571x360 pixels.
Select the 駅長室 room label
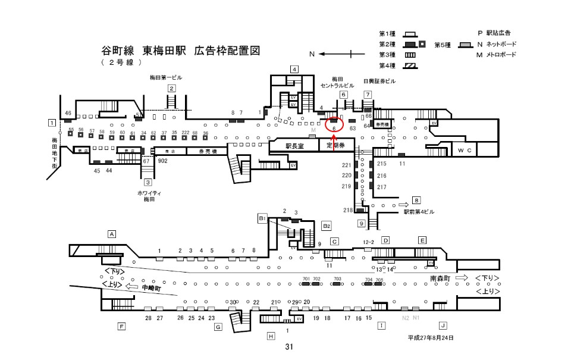coord(294,146)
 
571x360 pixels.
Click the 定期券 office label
coord(335,146)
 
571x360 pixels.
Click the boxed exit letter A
coord(111,234)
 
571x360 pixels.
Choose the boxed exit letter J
coord(443,325)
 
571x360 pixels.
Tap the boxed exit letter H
coord(271,336)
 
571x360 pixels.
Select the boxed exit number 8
coord(417,201)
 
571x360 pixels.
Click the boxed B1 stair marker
coord(261,219)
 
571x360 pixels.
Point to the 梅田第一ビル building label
coord(166,77)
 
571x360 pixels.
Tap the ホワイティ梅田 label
coord(149,197)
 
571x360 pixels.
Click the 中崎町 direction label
coord(152,288)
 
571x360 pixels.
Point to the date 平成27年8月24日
coord(430,338)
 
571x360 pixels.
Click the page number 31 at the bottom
coord(289,347)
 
